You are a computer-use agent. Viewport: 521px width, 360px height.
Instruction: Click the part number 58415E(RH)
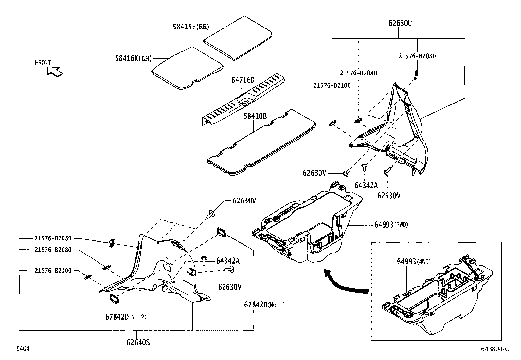(191, 27)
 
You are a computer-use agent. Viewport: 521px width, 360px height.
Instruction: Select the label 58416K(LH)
(134, 58)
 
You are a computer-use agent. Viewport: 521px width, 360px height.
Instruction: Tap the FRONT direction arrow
(54, 71)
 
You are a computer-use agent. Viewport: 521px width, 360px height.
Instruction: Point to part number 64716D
(243, 80)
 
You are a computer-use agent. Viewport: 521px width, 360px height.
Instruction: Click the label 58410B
(255, 116)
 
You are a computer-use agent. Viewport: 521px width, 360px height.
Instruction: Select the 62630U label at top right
(400, 23)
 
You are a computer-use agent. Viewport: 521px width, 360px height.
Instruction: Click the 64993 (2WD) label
(391, 225)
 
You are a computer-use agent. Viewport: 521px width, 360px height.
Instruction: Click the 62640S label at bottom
(138, 342)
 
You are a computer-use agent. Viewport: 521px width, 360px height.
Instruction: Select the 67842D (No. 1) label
(264, 305)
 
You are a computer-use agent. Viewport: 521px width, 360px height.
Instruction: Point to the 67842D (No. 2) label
(126, 317)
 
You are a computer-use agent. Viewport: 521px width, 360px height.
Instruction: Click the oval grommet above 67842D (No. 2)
(114, 299)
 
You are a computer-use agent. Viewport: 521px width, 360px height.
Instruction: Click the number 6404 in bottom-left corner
(23, 349)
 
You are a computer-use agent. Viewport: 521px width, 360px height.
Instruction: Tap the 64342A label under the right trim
(366, 185)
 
